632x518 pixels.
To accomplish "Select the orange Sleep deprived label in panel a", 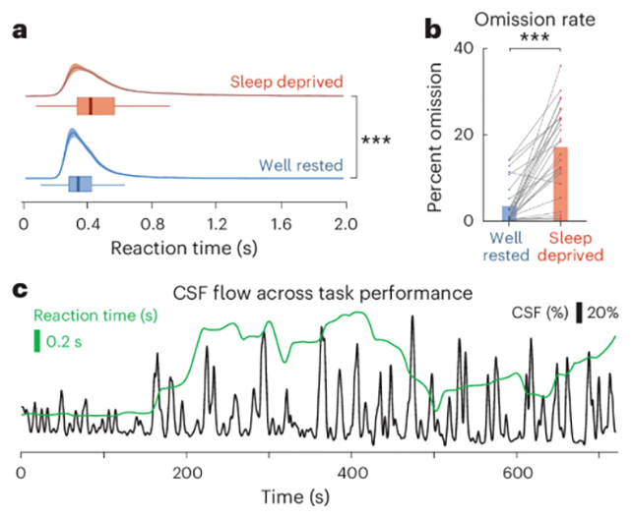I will coord(287,82).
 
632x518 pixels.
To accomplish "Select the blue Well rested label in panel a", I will coord(296,166).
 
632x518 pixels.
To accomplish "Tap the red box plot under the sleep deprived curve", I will coord(95,106).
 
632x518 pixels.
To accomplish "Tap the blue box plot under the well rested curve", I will coord(80,184).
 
